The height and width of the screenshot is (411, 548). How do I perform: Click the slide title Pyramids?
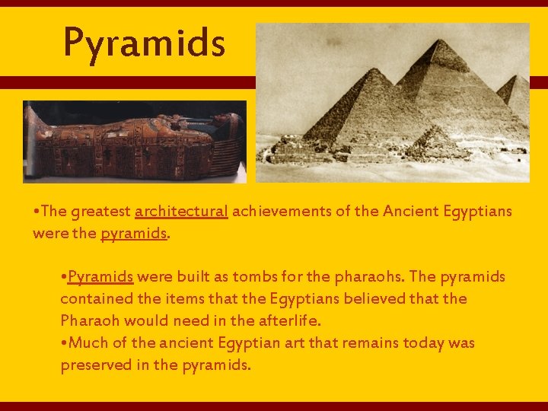point(145,42)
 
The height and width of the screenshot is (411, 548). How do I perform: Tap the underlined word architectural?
point(181,212)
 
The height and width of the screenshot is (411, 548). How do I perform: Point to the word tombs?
point(253,276)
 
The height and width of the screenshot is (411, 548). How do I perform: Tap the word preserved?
point(95,365)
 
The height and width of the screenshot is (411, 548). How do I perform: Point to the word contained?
point(94,298)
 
